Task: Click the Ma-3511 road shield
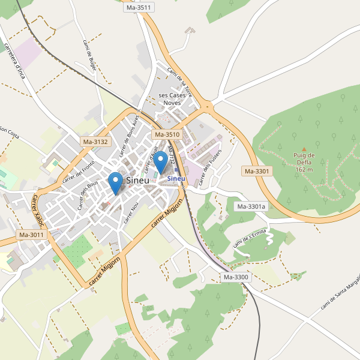(x=139, y=7)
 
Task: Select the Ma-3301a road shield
(x=251, y=207)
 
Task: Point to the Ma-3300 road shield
(x=236, y=277)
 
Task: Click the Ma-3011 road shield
(x=31, y=235)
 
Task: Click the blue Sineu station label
(x=176, y=179)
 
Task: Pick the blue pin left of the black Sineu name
(x=116, y=182)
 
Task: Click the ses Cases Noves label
(x=172, y=99)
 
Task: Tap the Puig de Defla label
(x=304, y=162)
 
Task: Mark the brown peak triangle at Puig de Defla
(x=304, y=149)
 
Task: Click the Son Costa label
(x=9, y=132)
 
